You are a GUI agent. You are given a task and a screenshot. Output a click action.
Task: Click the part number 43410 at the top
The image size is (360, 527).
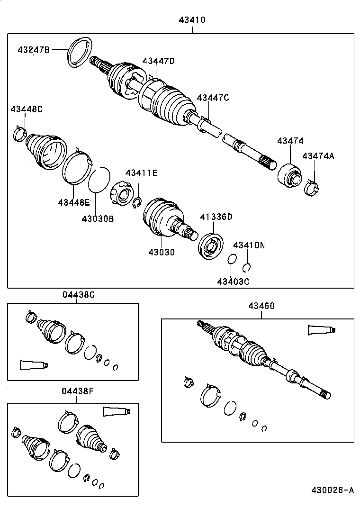tap(192, 20)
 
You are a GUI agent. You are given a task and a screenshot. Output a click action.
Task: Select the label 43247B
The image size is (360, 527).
tap(34, 49)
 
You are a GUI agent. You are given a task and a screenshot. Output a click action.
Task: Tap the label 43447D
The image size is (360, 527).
tap(159, 61)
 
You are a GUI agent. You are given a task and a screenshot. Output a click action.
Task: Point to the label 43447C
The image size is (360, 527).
tap(213, 98)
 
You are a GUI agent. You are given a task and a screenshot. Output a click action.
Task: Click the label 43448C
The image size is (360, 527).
tap(27, 109)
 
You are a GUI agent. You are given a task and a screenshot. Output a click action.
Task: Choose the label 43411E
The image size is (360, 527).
tap(141, 173)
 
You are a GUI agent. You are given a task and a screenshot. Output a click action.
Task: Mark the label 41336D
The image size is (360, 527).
tap(216, 217)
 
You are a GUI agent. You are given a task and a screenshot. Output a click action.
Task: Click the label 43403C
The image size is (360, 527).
tap(233, 282)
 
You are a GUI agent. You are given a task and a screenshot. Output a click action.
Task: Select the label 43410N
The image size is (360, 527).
tap(249, 245)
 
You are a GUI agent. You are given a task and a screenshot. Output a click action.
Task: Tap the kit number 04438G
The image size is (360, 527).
tap(79, 294)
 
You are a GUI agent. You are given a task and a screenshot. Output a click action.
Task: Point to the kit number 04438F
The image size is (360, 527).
tap(78, 391)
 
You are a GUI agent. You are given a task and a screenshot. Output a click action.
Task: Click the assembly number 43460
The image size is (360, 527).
tap(261, 306)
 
